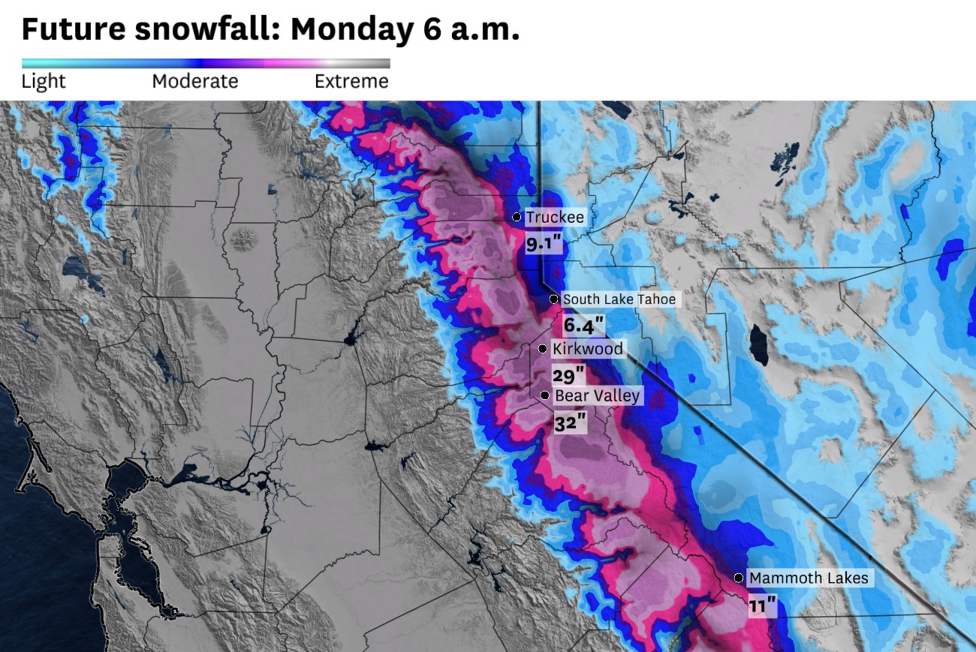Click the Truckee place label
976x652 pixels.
[555, 218]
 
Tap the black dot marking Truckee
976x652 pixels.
[517, 217]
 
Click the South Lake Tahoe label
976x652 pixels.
[619, 299]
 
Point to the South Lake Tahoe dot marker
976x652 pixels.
[553, 299]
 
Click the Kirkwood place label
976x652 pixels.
[588, 349]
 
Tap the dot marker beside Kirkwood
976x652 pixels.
[542, 348]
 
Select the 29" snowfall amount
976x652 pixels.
[568, 375]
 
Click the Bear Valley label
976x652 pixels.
[598, 395]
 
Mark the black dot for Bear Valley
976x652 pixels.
[544, 395]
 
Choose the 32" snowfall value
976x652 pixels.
[570, 422]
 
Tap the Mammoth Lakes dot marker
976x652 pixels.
[739, 578]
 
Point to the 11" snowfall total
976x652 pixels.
[762, 605]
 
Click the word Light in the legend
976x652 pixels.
[44, 81]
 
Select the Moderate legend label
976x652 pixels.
[195, 81]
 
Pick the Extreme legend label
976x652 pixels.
[351, 81]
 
